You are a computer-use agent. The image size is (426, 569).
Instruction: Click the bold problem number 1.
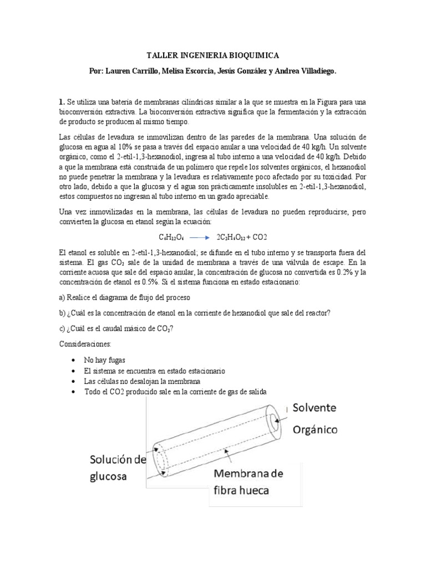[62, 103]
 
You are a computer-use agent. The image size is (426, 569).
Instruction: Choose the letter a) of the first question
[63, 297]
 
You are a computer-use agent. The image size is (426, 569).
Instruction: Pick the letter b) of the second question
[63, 313]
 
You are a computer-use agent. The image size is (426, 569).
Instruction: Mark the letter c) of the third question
[63, 328]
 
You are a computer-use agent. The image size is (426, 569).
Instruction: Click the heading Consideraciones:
[83, 344]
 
